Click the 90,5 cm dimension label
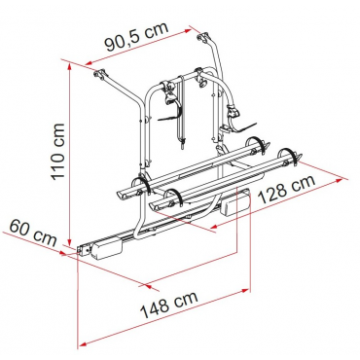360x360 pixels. pos(137,36)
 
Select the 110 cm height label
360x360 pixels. pos(58,152)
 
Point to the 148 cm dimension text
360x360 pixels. pos(168,305)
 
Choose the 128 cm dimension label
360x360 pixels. pos(287,189)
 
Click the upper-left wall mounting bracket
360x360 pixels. pos(99,74)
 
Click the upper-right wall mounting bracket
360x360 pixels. pos(203,37)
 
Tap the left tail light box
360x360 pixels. pos(106,248)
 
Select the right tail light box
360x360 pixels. pos(234,202)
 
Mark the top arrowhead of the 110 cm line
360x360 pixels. pos(69,66)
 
